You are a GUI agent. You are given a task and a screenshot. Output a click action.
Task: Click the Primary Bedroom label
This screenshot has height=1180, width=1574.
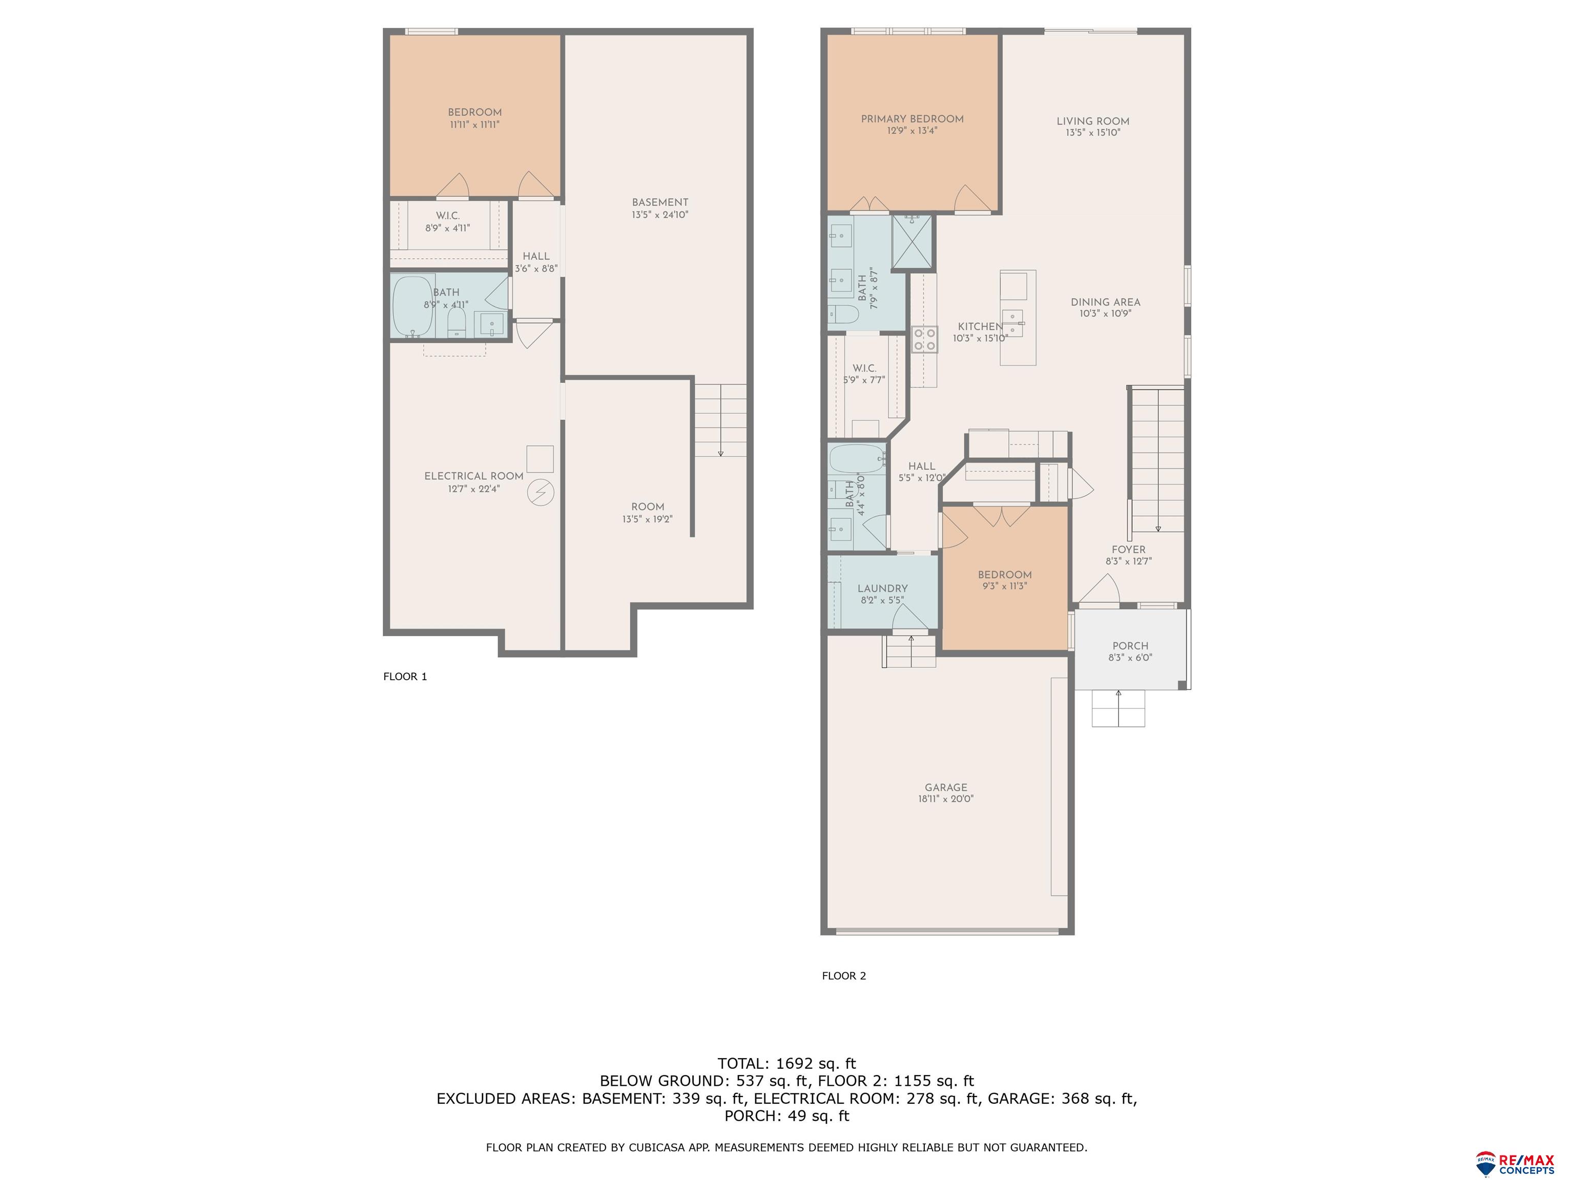[x=912, y=119]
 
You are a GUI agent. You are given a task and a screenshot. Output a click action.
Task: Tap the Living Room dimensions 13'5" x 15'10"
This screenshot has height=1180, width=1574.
[x=1092, y=132]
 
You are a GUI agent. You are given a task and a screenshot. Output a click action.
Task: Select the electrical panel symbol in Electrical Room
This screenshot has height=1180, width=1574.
[x=540, y=492]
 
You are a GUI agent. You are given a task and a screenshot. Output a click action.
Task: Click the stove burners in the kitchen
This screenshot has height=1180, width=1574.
[x=924, y=339]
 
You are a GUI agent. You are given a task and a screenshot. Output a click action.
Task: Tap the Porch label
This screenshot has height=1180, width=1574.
[x=1130, y=646]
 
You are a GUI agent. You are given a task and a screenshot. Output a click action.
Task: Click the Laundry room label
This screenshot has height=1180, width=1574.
[x=882, y=588]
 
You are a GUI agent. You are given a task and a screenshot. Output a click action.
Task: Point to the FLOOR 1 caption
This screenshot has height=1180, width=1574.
[x=405, y=677]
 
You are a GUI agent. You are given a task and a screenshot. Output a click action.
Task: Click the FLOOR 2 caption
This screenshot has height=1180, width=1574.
[x=844, y=976]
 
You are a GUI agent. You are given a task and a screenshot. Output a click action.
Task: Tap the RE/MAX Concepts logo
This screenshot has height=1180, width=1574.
[x=1516, y=1164]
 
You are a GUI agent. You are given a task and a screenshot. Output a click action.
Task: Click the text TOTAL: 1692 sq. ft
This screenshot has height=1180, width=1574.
[x=786, y=1063]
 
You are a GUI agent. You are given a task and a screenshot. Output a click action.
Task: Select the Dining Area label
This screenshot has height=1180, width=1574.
[x=1105, y=302]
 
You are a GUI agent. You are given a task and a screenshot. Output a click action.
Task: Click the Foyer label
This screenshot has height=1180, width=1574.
[x=1129, y=550]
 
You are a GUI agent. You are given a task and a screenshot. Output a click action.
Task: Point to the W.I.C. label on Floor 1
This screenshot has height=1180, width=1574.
[x=448, y=216]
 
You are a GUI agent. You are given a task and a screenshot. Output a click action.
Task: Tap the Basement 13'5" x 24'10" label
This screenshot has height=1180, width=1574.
[x=659, y=208]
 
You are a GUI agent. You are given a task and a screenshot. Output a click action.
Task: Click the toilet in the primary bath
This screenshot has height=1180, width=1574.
[x=844, y=313]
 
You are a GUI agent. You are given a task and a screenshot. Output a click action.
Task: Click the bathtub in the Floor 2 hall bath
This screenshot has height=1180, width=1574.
[x=856, y=459]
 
